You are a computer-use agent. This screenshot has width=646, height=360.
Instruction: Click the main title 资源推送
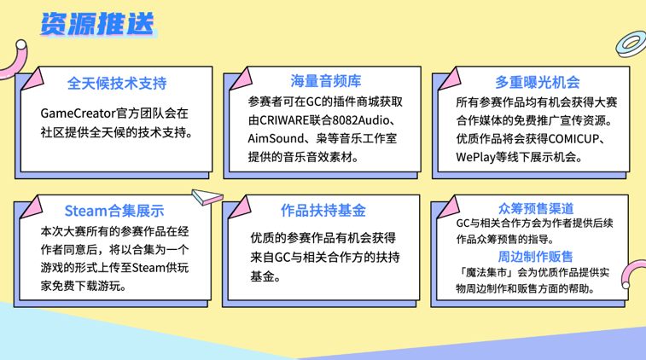[x=98, y=24]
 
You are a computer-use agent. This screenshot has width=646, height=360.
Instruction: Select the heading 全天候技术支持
[x=117, y=84]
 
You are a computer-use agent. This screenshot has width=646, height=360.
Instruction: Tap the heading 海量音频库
[x=325, y=81]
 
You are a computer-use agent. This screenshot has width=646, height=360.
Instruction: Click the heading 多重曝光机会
[x=538, y=83]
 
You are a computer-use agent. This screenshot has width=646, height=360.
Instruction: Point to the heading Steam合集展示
[x=114, y=211]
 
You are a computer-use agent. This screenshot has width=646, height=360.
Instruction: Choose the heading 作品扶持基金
[x=323, y=211]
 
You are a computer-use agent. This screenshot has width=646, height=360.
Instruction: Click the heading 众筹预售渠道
[x=536, y=208]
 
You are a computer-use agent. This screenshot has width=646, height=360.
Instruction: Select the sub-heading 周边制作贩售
[x=535, y=257]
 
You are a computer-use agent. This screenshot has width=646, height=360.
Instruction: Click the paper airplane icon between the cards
[x=207, y=196]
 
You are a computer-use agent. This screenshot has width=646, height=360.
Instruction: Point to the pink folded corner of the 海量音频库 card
[x=241, y=78]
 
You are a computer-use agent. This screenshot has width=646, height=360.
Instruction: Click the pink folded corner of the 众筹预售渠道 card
[x=449, y=206]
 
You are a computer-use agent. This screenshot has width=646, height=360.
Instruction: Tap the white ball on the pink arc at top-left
[x=20, y=44]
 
